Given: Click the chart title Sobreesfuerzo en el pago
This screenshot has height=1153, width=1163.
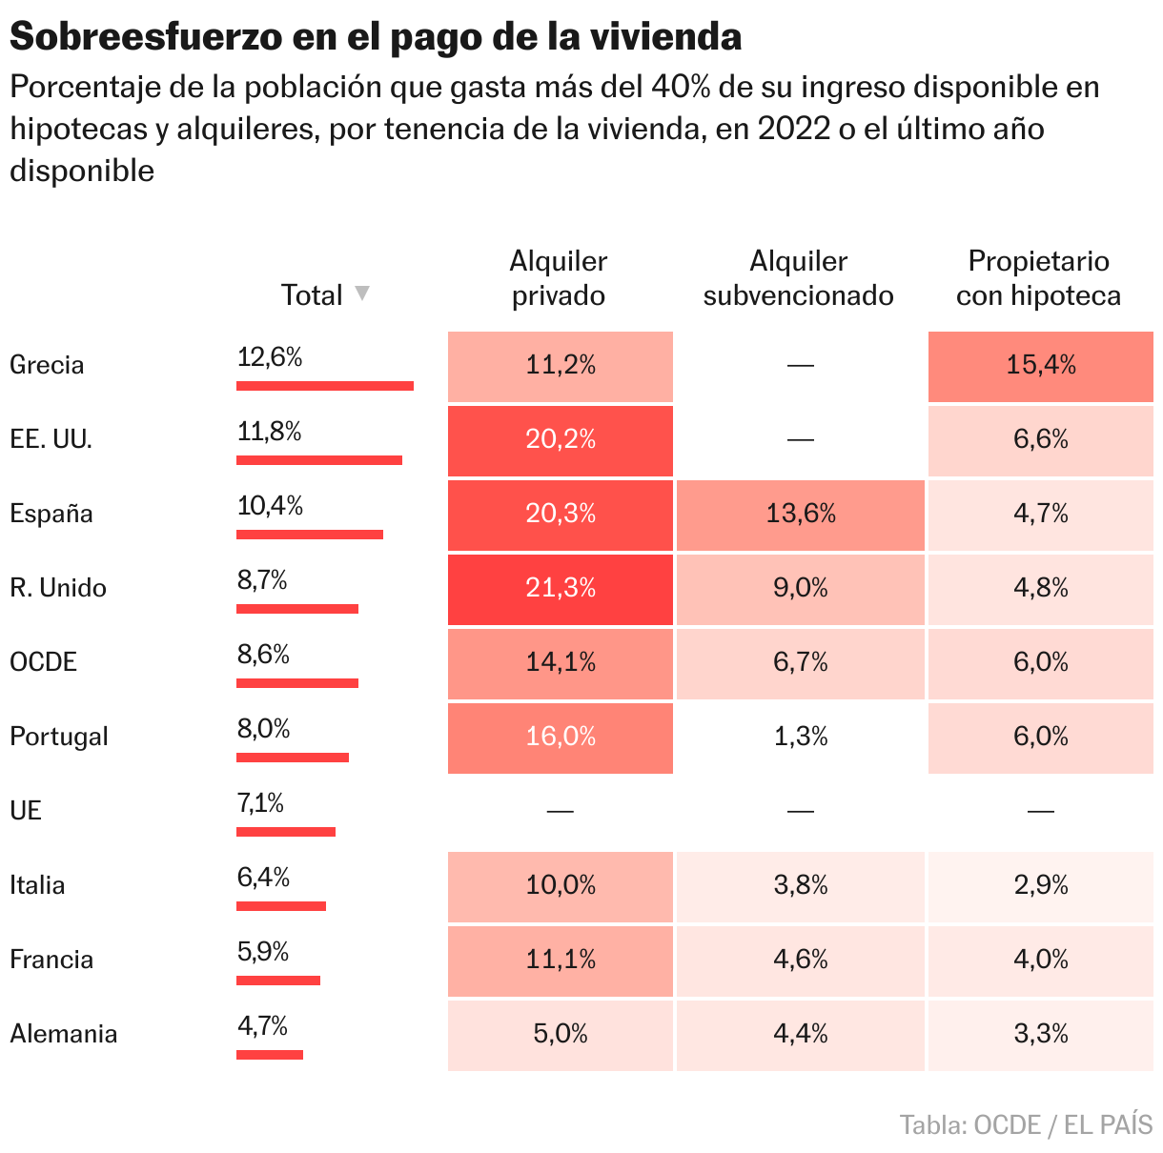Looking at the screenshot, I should point(375,37).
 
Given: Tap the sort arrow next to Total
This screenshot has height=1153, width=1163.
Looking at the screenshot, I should point(362,293).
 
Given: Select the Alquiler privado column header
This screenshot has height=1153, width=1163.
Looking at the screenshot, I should point(559,278).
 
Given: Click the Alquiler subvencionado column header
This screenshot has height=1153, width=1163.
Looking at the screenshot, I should point(799,278).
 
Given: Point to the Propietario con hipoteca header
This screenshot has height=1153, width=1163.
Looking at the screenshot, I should point(1038,278).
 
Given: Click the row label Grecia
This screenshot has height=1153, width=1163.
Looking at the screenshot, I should point(47,365).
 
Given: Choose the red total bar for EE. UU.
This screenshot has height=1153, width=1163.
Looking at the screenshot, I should point(319,460).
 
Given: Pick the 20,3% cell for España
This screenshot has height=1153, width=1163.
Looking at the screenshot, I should point(561,515).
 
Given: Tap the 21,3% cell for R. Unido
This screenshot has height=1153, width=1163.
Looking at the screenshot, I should point(561,589).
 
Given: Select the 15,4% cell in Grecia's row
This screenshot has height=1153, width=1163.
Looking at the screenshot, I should point(1041,366).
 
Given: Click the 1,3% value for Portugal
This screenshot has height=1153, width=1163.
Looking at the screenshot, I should point(801,738).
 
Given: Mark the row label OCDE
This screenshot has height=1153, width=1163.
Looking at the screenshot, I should point(43,662).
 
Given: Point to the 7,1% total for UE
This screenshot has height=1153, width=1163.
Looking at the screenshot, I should point(260,804).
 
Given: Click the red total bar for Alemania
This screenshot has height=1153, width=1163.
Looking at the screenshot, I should point(270,1055).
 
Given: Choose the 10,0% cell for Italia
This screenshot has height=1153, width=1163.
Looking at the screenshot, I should point(561,886).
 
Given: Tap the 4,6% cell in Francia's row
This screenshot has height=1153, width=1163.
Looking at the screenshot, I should point(801,961).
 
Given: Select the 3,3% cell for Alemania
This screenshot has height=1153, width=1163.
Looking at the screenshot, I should point(1041,1035).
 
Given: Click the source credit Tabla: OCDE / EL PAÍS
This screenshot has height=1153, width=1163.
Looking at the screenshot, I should point(1026,1125).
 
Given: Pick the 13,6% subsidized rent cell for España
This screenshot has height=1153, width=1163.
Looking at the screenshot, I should point(801,515).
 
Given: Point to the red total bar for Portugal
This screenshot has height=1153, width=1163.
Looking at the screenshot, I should point(293,758).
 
